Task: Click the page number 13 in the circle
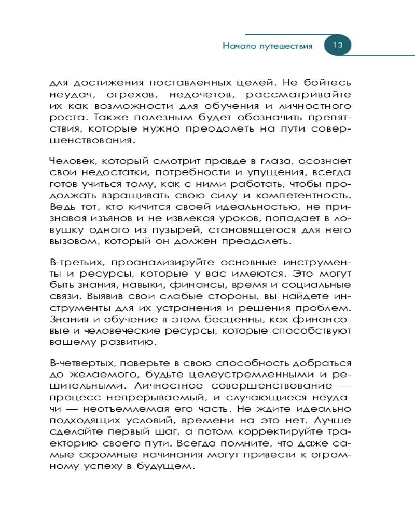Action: (338, 45)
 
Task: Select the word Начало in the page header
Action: (238, 46)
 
